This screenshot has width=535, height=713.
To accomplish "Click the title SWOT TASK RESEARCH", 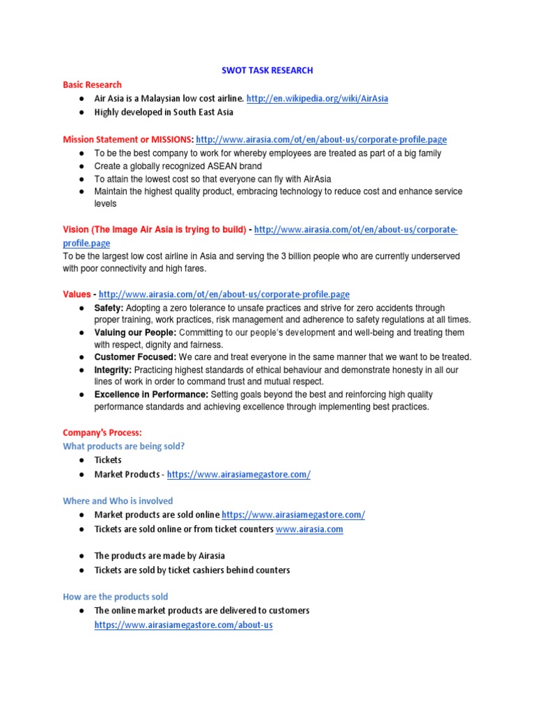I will [x=267, y=70].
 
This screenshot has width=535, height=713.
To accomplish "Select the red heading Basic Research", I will [x=92, y=84].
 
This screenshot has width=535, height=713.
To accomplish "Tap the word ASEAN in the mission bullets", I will [x=219, y=166].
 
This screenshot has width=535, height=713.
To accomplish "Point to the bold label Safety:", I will [x=109, y=308].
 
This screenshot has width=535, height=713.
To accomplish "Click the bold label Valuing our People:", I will [x=135, y=332].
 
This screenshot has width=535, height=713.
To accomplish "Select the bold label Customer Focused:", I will [x=135, y=357].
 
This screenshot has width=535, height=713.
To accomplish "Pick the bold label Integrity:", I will [x=112, y=370].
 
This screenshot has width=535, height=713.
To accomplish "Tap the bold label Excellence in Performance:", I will [x=151, y=394].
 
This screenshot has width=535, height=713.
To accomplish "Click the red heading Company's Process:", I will [x=102, y=432].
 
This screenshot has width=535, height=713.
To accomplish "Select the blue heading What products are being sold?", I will [x=124, y=446].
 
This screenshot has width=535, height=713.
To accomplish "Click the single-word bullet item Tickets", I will [x=108, y=460].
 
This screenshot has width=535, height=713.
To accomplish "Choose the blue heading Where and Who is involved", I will [x=118, y=501].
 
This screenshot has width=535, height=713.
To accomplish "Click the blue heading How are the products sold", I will [x=115, y=597].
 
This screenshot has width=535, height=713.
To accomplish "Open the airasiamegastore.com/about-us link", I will [x=183, y=625].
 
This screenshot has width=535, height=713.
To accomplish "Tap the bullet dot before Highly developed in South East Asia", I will [x=82, y=112].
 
